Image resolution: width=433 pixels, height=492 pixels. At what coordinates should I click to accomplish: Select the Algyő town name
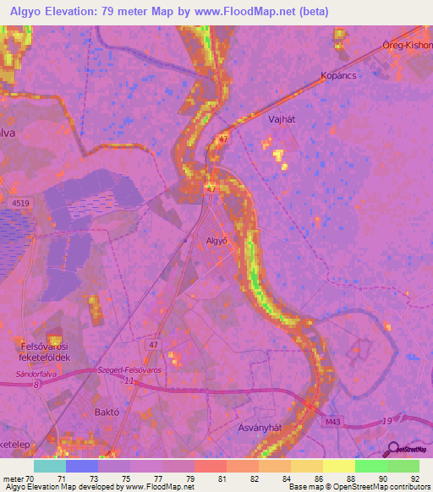(218, 241)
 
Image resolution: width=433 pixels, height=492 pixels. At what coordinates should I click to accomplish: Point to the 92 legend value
(414, 478)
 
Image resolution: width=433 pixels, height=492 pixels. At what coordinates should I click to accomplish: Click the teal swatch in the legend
(50, 466)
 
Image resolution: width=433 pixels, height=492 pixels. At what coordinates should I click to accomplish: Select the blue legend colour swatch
(82, 466)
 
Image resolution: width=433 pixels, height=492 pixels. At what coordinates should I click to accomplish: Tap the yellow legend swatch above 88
(339, 466)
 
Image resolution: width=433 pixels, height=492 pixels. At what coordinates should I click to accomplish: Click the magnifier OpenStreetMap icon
(392, 449)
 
